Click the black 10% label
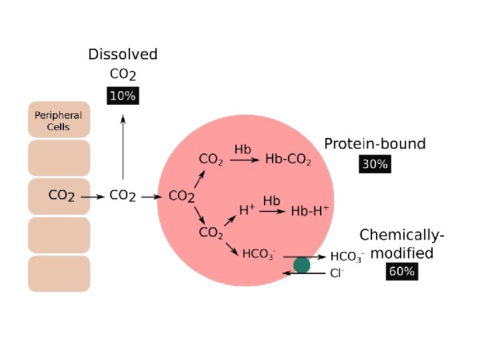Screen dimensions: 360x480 [123, 96]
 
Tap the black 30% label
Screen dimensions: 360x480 [375, 164]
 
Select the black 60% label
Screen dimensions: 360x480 [402, 271]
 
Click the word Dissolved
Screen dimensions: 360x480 [123, 55]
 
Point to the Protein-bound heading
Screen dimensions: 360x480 [375, 143]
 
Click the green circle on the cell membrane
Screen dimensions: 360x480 [302, 265]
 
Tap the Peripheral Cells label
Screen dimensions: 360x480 [59, 121]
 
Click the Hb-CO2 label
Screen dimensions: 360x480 [288, 159]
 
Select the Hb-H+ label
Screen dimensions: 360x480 [310, 211]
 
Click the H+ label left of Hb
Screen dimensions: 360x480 [247, 211]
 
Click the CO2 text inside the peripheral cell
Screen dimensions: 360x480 [62, 196]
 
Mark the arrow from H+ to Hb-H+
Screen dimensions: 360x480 [272, 211]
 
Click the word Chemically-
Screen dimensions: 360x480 [402, 235]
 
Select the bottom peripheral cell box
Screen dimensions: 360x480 [59, 273]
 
